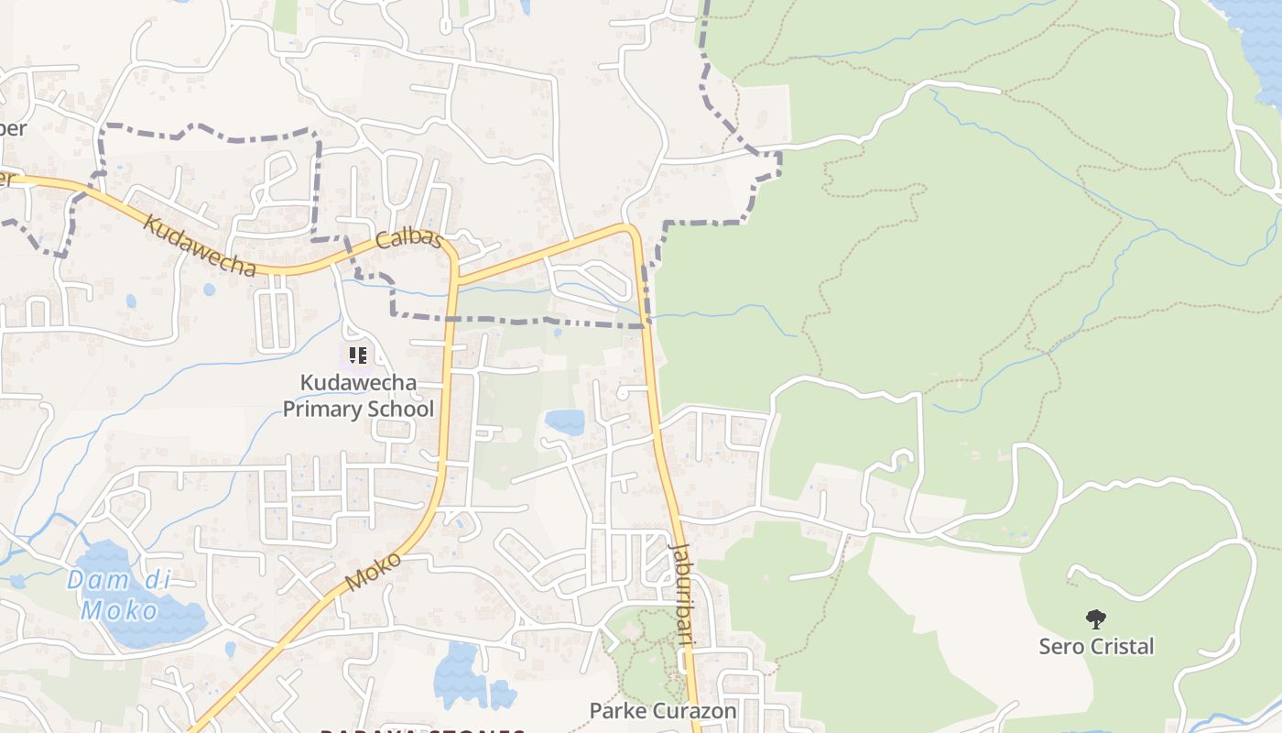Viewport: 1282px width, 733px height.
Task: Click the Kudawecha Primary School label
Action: (358, 395)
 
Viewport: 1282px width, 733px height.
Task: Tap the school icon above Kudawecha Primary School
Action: (357, 355)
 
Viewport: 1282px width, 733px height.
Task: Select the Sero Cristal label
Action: (1096, 646)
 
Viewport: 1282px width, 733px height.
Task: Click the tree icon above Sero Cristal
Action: (1095, 619)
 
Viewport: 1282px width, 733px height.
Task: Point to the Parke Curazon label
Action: (662, 710)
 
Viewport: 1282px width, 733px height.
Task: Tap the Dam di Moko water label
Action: (119, 595)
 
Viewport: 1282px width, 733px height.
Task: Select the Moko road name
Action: (374, 571)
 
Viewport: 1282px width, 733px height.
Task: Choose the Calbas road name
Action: (409, 240)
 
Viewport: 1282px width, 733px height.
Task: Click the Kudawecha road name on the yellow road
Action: (200, 246)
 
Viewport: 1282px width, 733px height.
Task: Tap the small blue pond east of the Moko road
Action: (565, 421)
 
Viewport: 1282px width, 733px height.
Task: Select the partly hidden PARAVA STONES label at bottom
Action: (421, 728)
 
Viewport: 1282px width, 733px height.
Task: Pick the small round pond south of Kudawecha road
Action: (210, 290)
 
